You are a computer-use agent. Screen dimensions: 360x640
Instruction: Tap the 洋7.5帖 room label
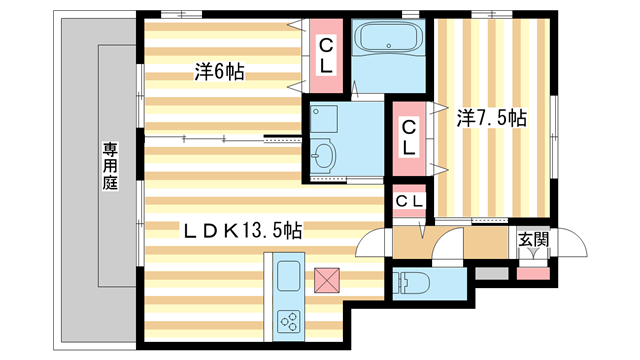tap(493, 118)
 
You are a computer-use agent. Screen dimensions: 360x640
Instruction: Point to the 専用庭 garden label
tap(109, 166)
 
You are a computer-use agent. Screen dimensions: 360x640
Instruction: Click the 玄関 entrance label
tap(532, 239)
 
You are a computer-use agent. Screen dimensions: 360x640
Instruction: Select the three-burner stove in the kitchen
tap(290, 320)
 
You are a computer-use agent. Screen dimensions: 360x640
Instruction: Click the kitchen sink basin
tap(287, 277)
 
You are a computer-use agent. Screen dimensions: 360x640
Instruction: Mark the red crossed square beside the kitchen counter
tap(327, 279)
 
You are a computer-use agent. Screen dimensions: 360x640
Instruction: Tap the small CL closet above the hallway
tap(409, 202)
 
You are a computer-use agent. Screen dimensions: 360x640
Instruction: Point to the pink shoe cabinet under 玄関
tap(533, 272)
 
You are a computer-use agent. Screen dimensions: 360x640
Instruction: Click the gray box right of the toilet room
tap(490, 272)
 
